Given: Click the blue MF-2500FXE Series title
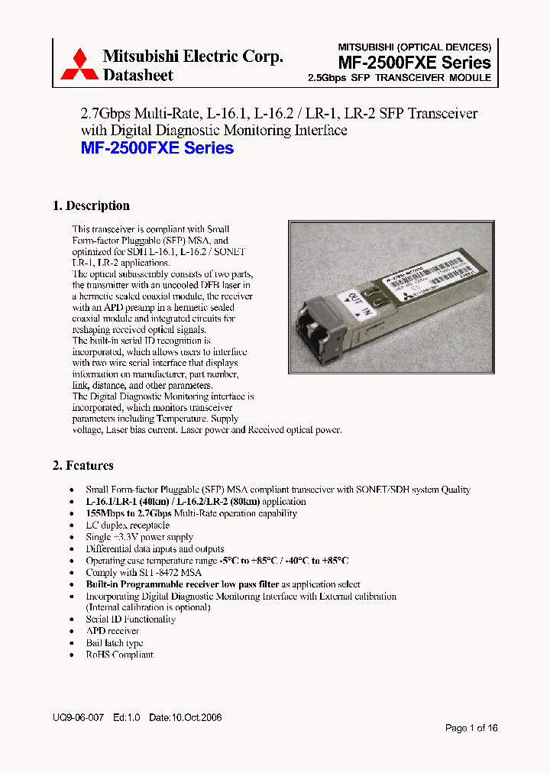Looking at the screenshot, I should (157, 148).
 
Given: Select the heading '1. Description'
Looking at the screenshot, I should (91, 205).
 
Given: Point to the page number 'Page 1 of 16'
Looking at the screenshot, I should (471, 728).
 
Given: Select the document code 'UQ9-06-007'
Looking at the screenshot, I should (78, 719).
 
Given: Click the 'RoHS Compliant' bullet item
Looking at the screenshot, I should (119, 655).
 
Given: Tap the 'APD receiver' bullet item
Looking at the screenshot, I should (112, 631).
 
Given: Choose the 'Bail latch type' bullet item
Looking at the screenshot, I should (115, 643).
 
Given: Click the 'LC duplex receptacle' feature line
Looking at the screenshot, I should (128, 526).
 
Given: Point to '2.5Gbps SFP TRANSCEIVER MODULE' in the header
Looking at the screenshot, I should (399, 78).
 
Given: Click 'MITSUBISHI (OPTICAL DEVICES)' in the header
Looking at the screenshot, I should (414, 47).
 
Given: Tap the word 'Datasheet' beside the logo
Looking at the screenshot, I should (137, 75).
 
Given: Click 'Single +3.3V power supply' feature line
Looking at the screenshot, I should (141, 537).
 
